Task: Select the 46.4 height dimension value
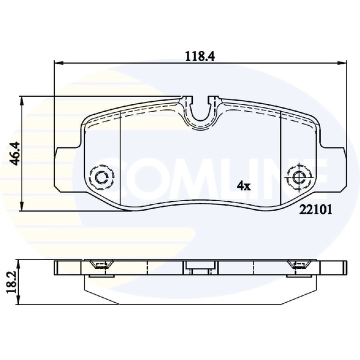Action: [14, 153]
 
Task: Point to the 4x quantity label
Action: [243, 186]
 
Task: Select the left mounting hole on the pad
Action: [101, 176]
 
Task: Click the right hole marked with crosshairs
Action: [299, 176]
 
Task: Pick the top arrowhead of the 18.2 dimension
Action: [17, 263]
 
